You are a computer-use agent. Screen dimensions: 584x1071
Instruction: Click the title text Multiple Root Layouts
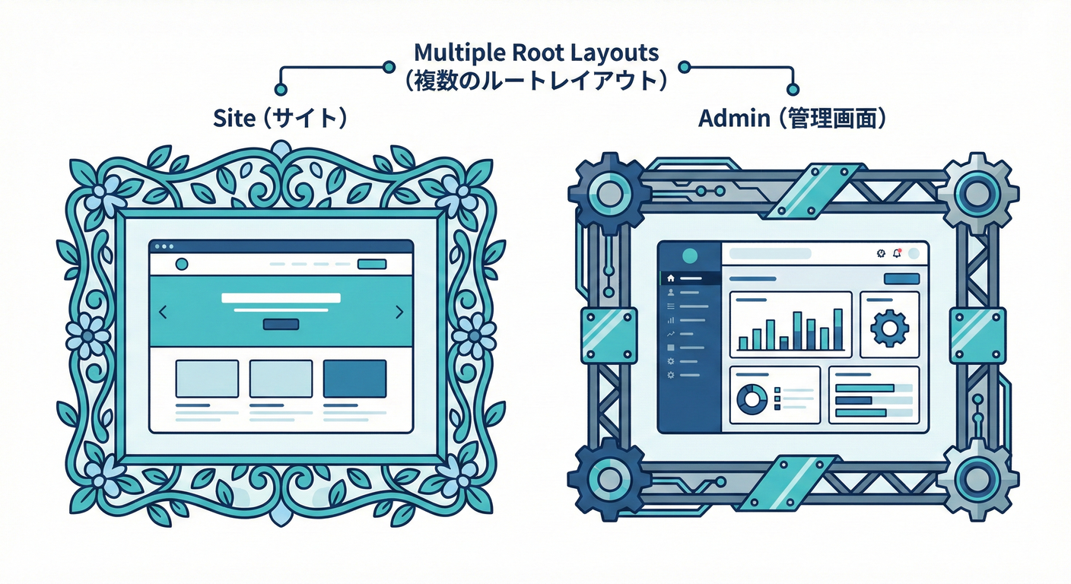point(536,53)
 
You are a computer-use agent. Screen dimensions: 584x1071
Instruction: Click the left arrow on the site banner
point(163,312)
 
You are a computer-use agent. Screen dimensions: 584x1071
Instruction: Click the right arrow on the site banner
point(400,312)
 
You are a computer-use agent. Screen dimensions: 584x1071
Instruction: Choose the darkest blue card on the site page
point(354,379)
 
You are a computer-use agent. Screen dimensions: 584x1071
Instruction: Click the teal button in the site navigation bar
point(371,264)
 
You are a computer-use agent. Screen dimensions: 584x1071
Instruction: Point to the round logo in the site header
point(181,264)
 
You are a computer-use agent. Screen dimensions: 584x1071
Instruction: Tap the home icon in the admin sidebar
point(670,278)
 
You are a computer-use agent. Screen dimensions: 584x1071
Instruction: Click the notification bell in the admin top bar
point(897,254)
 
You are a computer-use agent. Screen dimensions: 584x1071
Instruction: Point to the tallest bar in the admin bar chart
point(837,328)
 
